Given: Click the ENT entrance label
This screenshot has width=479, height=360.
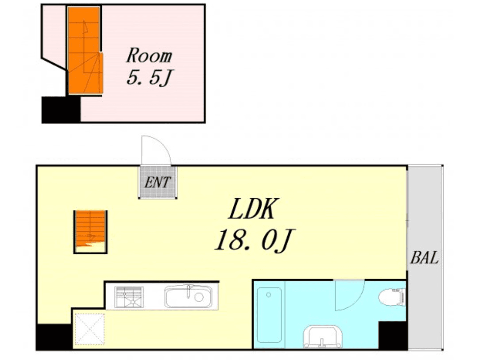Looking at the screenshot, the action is pos(157,183).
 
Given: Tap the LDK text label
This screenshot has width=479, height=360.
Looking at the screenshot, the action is pos(253,209).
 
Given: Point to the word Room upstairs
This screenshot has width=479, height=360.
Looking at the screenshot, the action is pos(149,56).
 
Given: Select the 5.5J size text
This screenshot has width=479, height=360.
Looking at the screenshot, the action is pos(150,77).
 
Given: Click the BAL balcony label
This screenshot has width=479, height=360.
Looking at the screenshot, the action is pos(424,258).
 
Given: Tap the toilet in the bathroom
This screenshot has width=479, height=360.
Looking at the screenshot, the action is pos(392,297).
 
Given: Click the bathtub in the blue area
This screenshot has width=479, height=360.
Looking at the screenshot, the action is pos(269,315).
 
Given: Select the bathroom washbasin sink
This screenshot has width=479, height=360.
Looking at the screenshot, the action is pos(323,337).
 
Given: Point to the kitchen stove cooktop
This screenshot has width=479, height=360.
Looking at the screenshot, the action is pos(129,297).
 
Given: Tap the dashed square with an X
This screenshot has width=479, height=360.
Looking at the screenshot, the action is pos(90,329).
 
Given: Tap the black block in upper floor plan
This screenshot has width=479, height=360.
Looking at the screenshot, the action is pos(61,110).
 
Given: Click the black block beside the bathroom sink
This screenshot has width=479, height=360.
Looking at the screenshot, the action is pos(393,335).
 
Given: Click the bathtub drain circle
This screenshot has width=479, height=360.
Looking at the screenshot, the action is pos(269,295).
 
